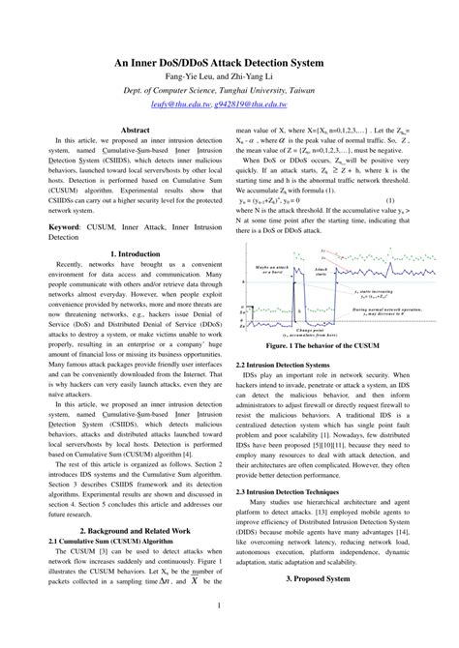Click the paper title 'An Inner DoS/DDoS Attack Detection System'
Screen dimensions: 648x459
[229, 62]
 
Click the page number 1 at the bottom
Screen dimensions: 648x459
[229, 633]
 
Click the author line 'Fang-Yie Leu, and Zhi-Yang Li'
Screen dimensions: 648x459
[229, 75]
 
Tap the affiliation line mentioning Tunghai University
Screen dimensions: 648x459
[229, 88]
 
